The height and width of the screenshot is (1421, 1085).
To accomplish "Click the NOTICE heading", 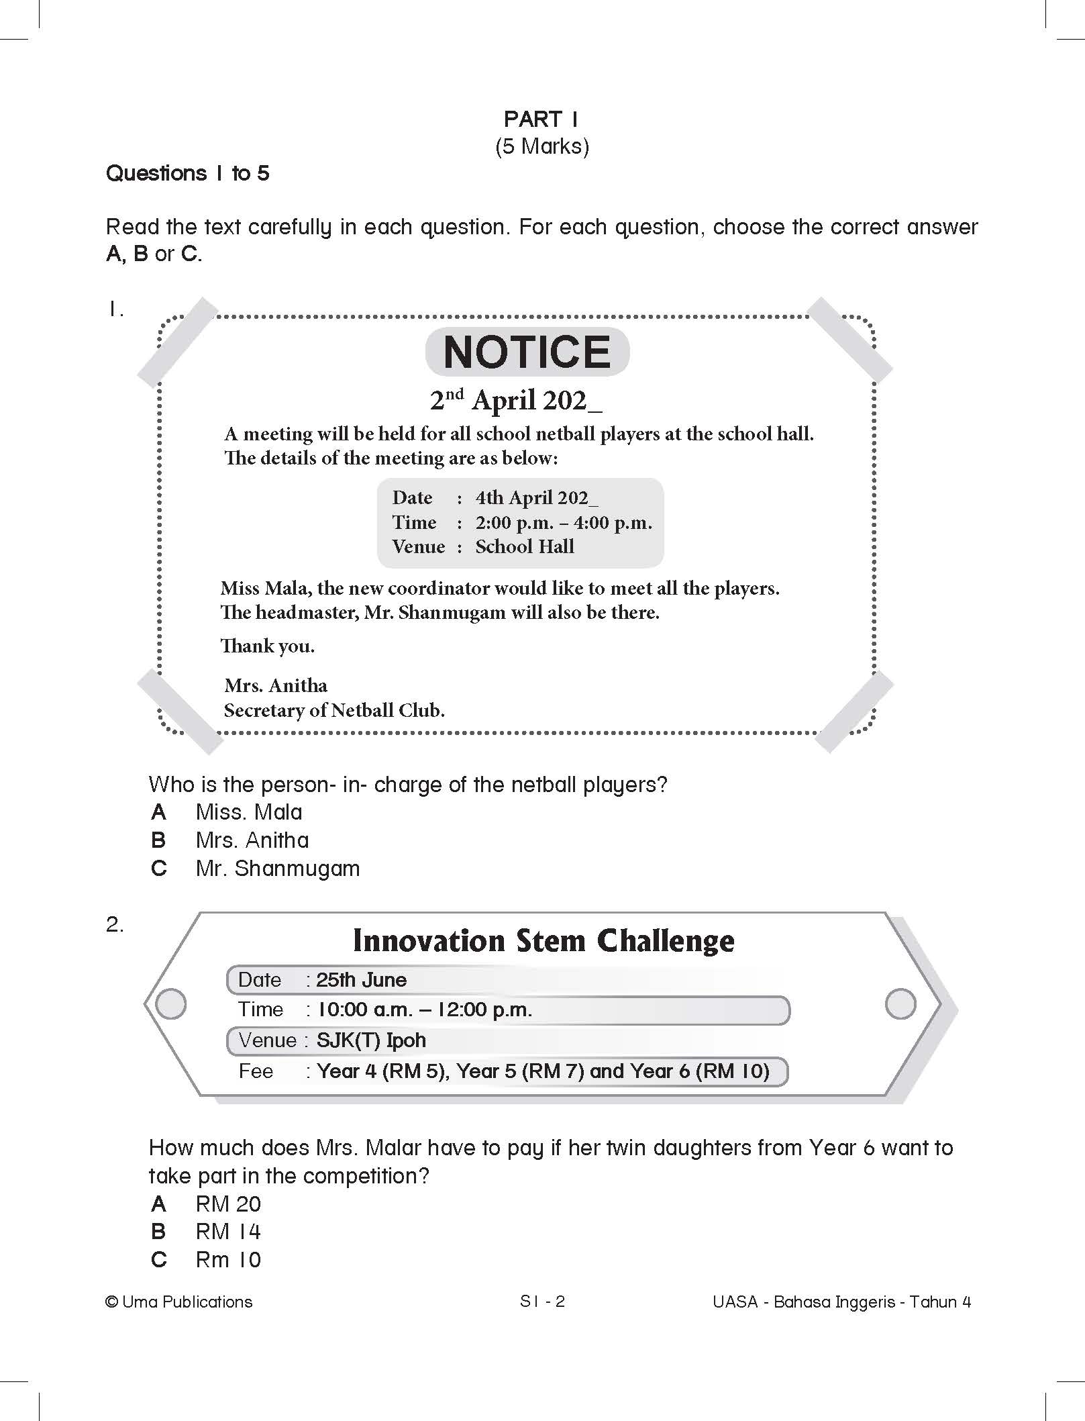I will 527,352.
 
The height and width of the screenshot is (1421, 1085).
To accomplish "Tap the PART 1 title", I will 541,119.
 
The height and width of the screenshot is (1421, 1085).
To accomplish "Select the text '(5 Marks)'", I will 541,146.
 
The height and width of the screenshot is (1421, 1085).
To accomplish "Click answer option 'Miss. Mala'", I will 248,812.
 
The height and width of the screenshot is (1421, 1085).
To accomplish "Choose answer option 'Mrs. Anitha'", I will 252,840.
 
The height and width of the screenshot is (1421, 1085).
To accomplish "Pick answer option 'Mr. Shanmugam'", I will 277,869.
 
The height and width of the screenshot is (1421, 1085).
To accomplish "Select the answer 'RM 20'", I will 227,1204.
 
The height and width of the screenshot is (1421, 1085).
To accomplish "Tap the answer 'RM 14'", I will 227,1232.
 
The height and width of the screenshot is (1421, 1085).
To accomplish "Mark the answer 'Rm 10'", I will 227,1260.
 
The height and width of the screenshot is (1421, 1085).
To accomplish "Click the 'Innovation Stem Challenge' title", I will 543,940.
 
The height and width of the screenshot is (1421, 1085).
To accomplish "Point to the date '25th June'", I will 361,980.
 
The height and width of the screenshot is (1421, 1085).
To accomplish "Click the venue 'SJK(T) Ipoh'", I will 371,1040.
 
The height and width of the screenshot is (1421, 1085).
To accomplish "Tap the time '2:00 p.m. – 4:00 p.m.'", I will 564,522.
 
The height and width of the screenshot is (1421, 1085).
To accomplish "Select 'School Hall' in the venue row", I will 525,546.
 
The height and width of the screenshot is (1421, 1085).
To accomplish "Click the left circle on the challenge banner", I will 170,1004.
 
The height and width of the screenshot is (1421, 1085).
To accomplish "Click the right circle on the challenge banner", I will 900,1004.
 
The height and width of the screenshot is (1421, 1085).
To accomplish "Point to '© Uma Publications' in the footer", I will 179,1302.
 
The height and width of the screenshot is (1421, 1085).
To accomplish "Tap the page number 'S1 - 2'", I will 542,1302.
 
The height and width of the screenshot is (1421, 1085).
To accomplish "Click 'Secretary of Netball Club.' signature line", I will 334,710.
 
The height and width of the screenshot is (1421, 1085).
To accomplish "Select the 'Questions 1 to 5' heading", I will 188,174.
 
